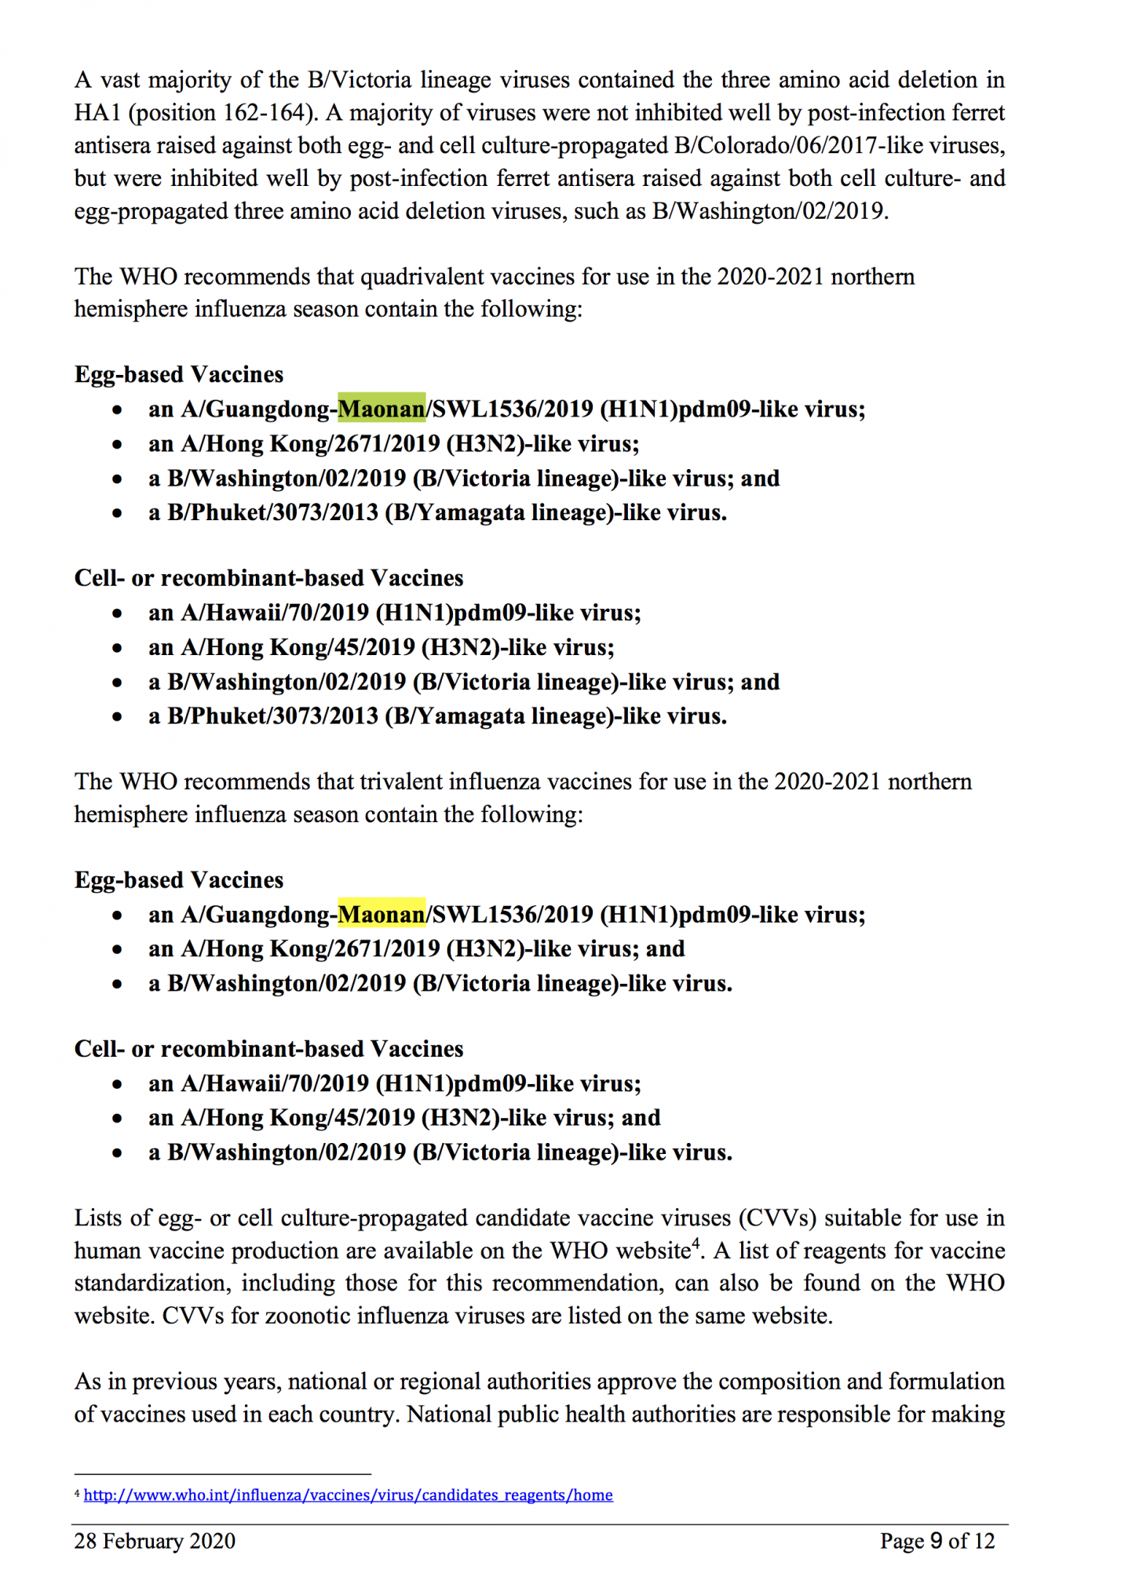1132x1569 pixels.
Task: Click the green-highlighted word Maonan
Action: (382, 409)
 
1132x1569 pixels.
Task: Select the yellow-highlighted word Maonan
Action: (382, 914)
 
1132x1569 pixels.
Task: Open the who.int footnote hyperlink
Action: (348, 1494)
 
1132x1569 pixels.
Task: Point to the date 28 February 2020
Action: (155, 1541)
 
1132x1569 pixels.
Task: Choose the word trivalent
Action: (411, 781)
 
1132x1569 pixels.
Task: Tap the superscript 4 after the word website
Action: (695, 1244)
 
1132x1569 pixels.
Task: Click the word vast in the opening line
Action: (120, 80)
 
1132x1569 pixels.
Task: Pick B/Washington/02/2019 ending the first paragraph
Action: (769, 212)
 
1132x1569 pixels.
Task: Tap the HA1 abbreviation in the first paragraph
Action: (97, 113)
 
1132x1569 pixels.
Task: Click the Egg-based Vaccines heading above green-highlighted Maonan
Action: (179, 374)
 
